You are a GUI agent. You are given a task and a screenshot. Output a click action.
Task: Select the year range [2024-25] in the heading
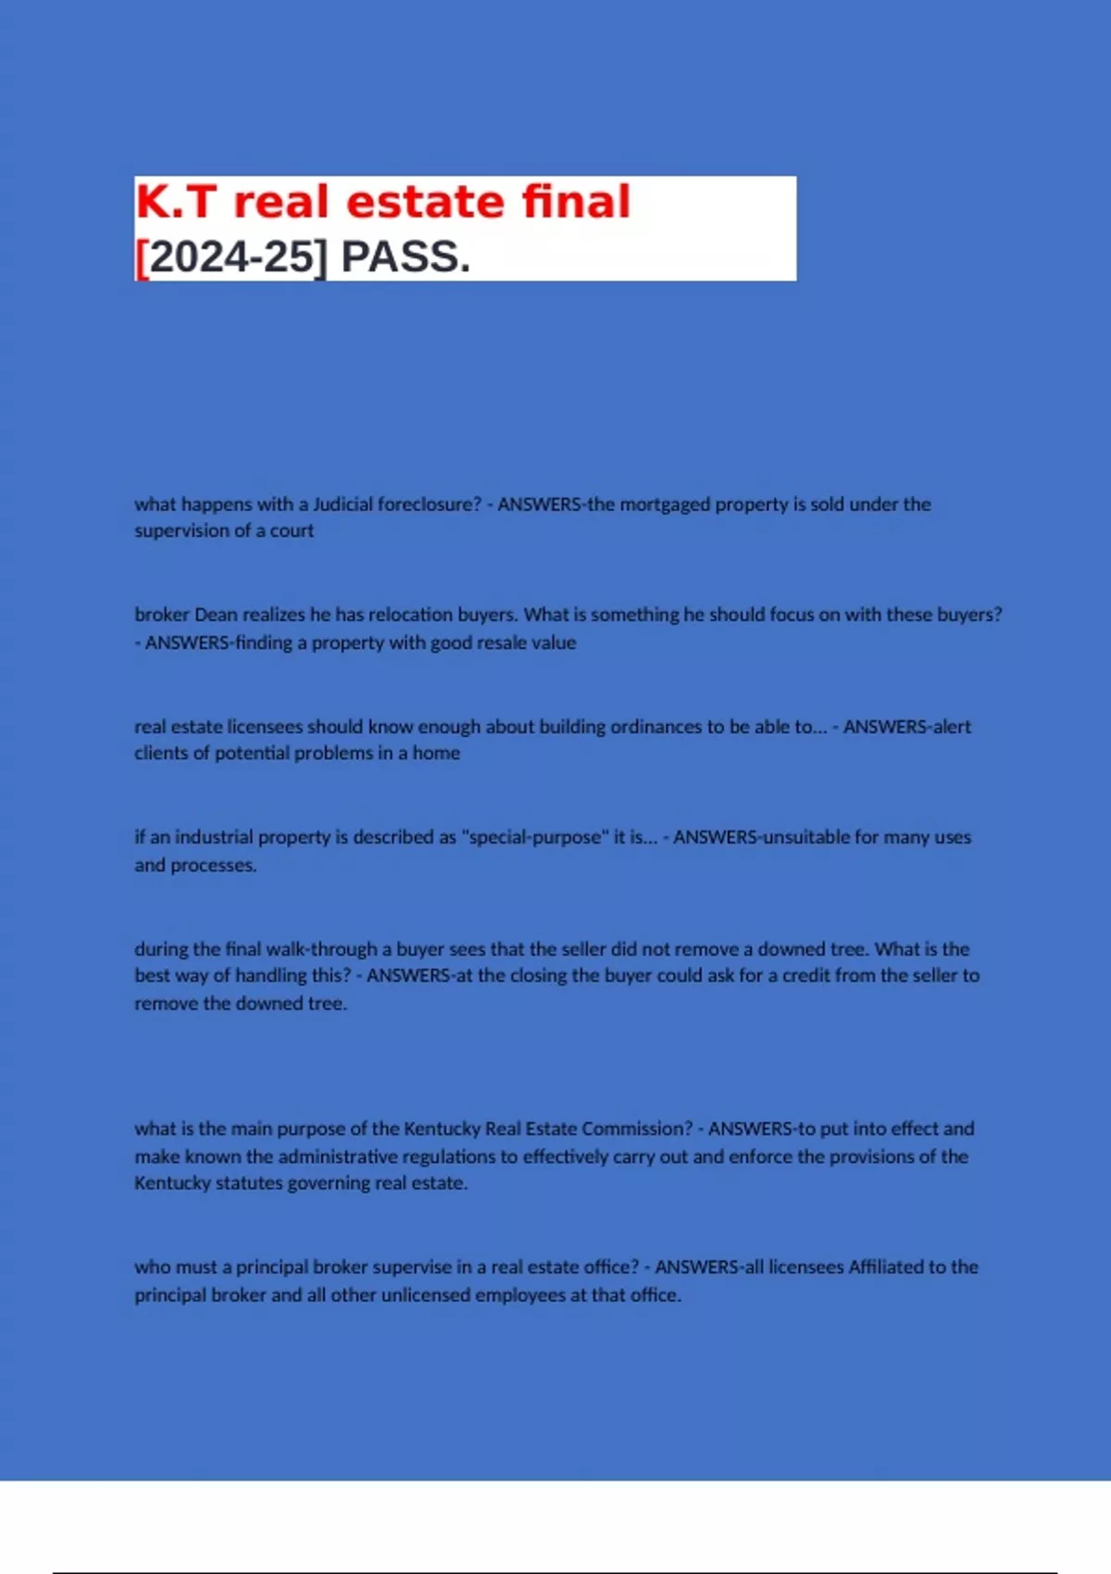(231, 256)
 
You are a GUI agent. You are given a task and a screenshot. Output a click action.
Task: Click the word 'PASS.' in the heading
(406, 256)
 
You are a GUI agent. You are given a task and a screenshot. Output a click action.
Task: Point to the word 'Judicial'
(343, 505)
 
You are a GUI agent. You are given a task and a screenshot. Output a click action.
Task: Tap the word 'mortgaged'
(665, 505)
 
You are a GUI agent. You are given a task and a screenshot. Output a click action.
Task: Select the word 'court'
(292, 531)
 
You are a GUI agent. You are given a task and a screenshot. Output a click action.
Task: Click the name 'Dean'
(216, 615)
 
